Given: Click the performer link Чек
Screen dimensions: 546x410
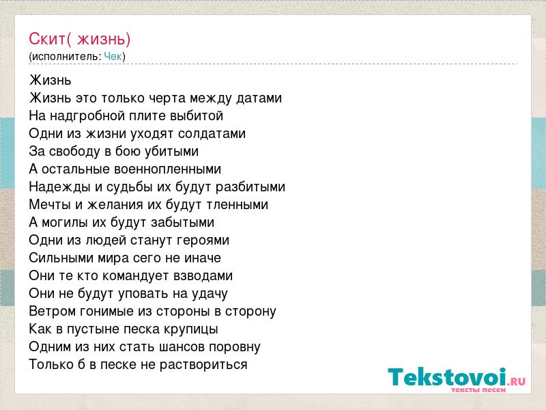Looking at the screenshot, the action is [113, 56].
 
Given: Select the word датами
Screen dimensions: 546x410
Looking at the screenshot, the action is [259, 98].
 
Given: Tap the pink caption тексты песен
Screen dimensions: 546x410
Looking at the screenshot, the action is [478, 389].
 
